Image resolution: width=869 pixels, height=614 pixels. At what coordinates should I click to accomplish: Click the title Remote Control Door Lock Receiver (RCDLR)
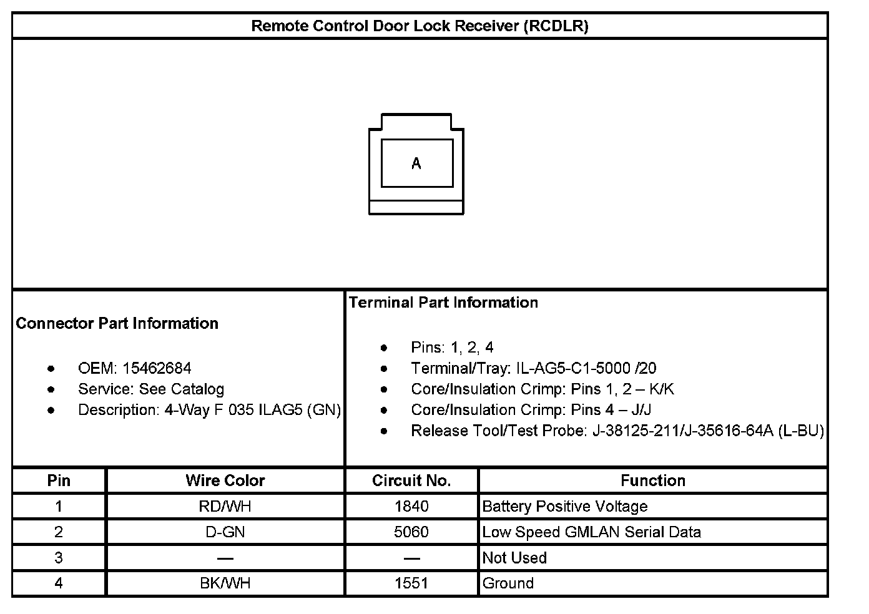(x=420, y=26)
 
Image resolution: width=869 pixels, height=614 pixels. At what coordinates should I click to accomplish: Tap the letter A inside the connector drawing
(x=416, y=163)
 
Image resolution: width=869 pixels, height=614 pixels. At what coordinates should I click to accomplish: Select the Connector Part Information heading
(x=117, y=323)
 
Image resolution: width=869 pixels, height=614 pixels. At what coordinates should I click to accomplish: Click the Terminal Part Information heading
(x=443, y=303)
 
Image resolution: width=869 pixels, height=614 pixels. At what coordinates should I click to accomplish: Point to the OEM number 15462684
(x=157, y=368)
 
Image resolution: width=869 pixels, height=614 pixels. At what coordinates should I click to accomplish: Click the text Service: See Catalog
(x=151, y=389)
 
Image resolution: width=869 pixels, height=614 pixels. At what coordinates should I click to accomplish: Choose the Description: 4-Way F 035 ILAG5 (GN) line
(x=209, y=410)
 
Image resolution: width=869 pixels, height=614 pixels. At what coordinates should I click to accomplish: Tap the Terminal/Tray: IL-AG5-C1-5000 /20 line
(x=533, y=368)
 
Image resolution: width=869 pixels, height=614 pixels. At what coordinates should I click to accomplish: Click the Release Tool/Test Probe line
(x=617, y=431)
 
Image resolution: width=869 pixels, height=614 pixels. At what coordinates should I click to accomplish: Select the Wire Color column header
(x=225, y=480)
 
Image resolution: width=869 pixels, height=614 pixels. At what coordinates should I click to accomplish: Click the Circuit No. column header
(x=411, y=480)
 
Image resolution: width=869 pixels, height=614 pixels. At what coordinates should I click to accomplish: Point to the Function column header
(x=653, y=480)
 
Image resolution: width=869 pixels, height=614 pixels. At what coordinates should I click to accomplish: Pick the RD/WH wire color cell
(x=225, y=506)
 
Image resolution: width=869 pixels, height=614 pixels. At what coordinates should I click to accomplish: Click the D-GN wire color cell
(x=225, y=532)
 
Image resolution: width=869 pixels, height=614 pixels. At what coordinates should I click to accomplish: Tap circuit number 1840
(x=411, y=506)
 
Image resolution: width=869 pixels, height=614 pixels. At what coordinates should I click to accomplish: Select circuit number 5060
(x=411, y=532)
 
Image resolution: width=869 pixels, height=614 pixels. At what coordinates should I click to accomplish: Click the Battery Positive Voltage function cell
(x=565, y=506)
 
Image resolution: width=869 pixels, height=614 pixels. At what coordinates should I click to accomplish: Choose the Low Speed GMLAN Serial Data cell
(x=591, y=532)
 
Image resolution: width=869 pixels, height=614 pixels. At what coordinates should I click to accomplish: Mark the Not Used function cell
(x=514, y=558)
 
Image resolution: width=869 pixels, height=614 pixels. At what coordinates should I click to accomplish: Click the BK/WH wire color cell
(x=225, y=583)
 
